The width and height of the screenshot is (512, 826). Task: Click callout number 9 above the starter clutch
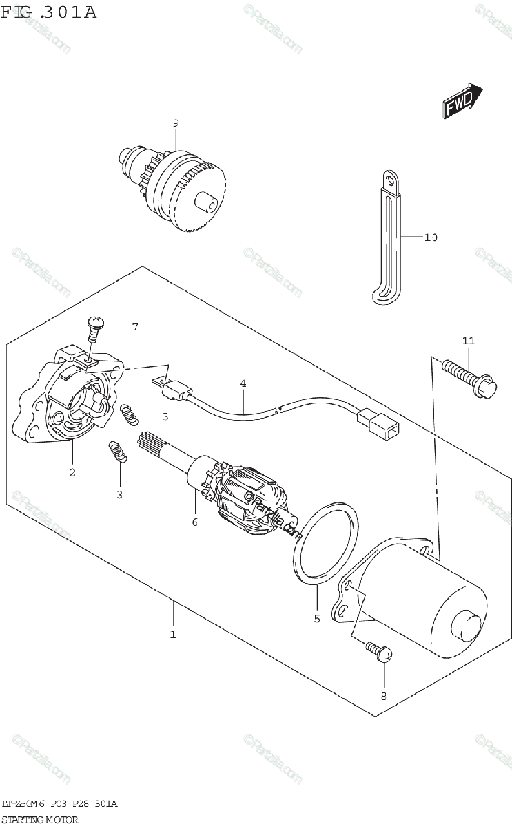click(x=176, y=123)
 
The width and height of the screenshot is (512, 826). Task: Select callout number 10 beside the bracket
click(x=431, y=237)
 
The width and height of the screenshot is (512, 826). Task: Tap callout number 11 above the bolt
click(x=468, y=341)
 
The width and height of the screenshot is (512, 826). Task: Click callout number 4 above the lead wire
click(x=243, y=383)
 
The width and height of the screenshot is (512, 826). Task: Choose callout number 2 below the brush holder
click(x=72, y=472)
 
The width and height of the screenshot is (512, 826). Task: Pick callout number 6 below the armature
click(x=195, y=522)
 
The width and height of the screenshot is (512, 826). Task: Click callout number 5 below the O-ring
click(x=317, y=618)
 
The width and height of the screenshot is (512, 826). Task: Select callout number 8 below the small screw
click(x=384, y=695)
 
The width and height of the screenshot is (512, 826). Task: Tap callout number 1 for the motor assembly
click(x=173, y=634)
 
